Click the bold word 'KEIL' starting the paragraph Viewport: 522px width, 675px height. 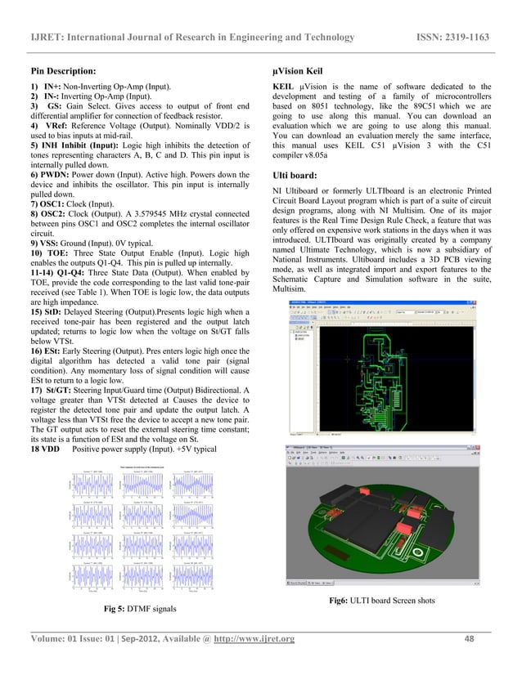coord(285,85)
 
